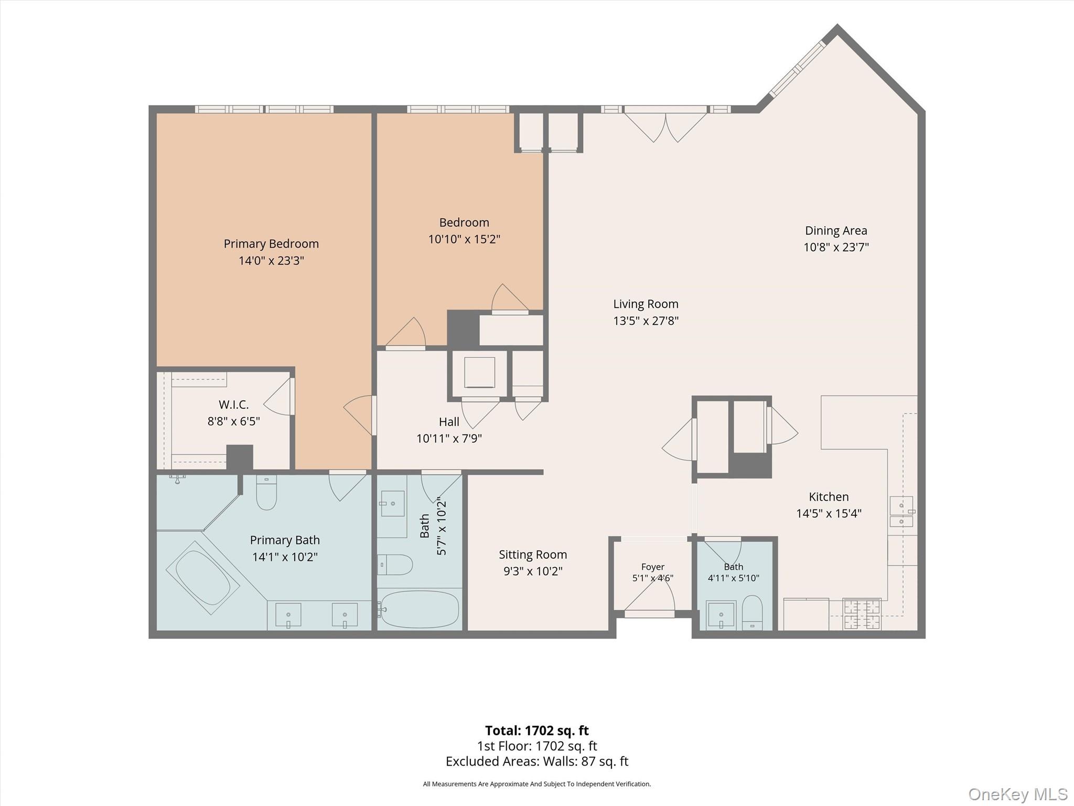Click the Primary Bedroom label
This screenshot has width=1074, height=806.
tap(271, 243)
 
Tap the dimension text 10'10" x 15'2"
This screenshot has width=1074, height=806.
tap(464, 239)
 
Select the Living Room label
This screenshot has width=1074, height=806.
tap(646, 304)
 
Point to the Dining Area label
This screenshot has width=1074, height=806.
tap(836, 230)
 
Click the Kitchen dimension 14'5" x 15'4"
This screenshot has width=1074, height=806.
tap(829, 513)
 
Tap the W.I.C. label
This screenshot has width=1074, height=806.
tap(233, 405)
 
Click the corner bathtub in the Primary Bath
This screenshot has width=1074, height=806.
tap(203, 577)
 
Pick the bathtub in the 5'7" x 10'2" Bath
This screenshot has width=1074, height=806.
tap(420, 609)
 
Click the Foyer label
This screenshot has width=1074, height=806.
tap(653, 567)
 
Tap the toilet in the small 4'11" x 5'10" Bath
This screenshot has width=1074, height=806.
tap(753, 612)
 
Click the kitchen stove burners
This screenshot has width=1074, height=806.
tap(862, 614)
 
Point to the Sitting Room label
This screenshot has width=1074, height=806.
tap(533, 555)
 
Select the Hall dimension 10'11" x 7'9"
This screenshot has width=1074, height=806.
tap(449, 438)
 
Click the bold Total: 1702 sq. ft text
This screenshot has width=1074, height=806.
tap(537, 730)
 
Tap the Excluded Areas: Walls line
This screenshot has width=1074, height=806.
tap(537, 761)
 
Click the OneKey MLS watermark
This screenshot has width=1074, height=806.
tap(1018, 794)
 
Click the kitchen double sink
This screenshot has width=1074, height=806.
tap(901, 511)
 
